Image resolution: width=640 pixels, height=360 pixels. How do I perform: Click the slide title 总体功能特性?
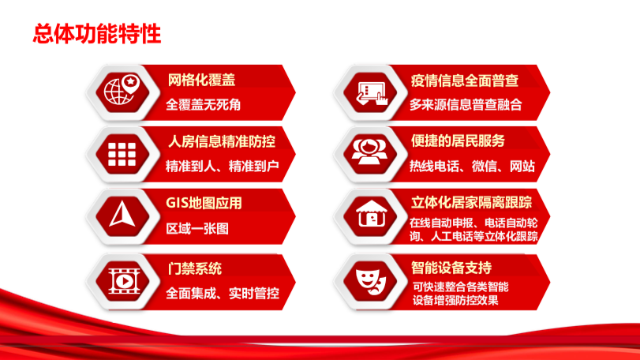97,33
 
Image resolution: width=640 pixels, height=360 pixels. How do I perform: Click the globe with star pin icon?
122,89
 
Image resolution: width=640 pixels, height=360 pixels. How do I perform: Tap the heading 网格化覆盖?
201,80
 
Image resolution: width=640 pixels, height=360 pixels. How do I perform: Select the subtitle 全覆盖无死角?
204,105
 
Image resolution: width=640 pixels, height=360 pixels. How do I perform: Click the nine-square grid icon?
122,154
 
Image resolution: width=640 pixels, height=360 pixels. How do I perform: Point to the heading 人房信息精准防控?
222,141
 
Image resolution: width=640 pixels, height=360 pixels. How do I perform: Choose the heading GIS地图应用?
204,203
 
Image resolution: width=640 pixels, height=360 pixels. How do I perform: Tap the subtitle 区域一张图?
197,229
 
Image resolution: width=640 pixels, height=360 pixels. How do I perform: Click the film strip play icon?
124,281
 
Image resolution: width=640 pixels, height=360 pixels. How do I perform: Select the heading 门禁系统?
195,268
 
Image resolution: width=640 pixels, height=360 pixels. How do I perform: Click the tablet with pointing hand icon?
372,93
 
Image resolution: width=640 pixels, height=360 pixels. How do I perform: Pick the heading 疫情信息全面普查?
465,81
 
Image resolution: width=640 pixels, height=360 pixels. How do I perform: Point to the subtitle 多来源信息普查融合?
466,105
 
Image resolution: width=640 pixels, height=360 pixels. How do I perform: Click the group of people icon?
370,152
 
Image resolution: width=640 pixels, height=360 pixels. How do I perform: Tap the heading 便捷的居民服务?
458,141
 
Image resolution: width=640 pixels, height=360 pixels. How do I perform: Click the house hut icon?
371,213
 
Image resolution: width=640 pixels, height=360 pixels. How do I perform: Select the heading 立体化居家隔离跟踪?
471,202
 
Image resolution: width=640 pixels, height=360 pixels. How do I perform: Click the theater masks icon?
371,281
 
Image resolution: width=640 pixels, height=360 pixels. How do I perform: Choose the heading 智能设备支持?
451,268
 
